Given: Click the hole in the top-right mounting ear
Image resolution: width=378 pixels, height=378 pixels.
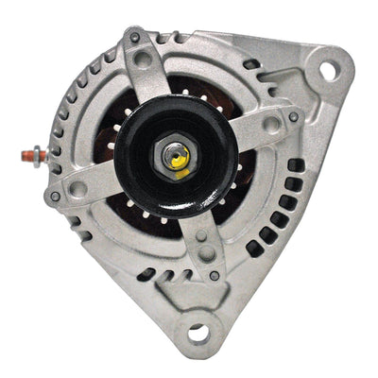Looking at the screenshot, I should point(329,70).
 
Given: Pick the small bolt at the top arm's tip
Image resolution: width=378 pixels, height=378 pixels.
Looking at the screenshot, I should point(135,38).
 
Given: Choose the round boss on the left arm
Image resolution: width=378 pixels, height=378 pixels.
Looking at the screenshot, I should point(78,188).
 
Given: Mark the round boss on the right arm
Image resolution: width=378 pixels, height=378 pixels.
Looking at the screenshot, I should point(271,123).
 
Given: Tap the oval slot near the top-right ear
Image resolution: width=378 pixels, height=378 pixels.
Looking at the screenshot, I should point(251,65).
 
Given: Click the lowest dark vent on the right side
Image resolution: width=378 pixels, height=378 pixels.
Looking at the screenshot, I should point(253,249).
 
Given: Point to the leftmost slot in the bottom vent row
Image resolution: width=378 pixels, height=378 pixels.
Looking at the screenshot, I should point(146,274).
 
